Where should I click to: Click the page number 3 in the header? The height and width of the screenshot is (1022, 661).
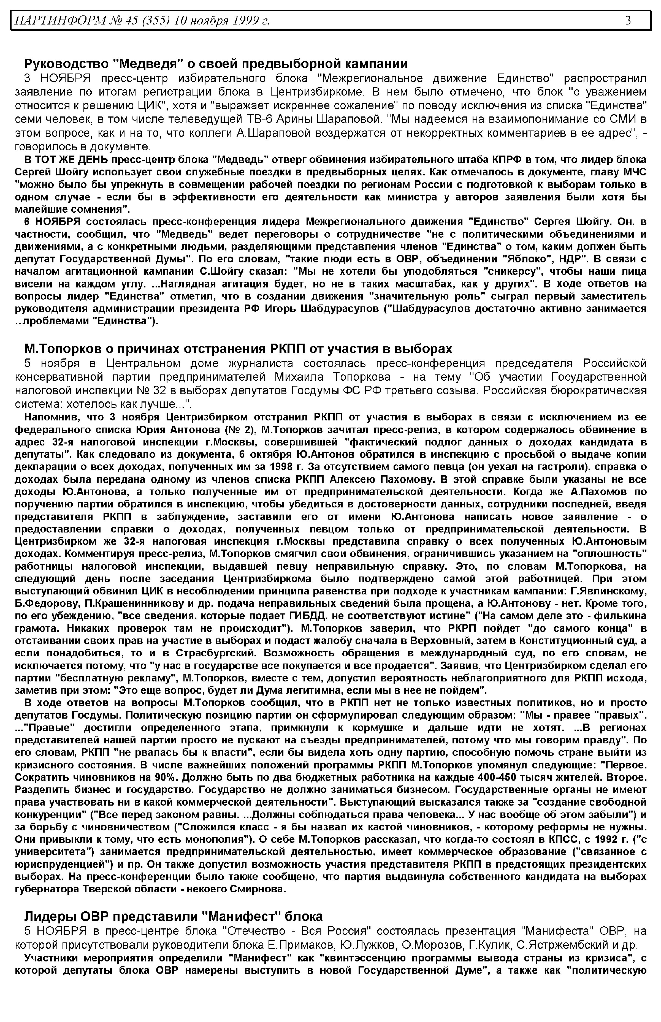[628, 20]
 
